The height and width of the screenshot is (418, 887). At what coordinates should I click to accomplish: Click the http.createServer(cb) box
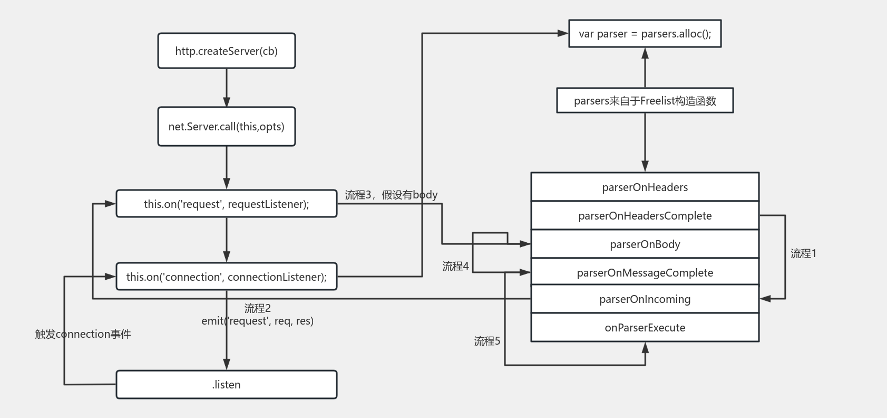(227, 51)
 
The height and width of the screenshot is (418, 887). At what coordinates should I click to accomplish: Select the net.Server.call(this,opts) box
(227, 127)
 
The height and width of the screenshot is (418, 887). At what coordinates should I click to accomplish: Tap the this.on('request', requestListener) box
(227, 204)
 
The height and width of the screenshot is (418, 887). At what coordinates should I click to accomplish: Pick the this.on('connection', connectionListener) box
(227, 277)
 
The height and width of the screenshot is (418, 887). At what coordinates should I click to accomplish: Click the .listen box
(227, 384)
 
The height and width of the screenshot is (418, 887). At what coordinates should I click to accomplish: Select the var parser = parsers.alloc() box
(645, 34)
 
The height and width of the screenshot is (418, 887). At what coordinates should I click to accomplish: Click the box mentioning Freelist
(645, 101)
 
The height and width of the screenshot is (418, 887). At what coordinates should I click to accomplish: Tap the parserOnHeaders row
(645, 187)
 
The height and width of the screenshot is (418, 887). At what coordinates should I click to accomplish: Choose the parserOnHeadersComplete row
(645, 215)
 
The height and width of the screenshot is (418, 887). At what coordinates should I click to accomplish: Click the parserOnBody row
(645, 244)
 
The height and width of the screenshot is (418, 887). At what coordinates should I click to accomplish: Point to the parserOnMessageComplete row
(645, 272)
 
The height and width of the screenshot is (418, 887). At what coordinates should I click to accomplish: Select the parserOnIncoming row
(645, 299)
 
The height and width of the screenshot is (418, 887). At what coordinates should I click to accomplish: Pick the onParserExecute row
(645, 327)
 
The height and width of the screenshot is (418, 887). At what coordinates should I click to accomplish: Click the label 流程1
(803, 253)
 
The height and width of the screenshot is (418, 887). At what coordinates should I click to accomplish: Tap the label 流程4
(455, 266)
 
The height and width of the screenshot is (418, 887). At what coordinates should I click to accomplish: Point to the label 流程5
(487, 341)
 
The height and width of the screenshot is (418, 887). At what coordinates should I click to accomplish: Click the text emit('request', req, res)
(257, 321)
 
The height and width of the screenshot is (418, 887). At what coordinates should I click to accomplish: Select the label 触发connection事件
(83, 334)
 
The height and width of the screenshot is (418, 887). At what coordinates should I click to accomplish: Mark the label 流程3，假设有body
(391, 195)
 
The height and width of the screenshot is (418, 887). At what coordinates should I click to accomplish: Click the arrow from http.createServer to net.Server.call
(227, 88)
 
